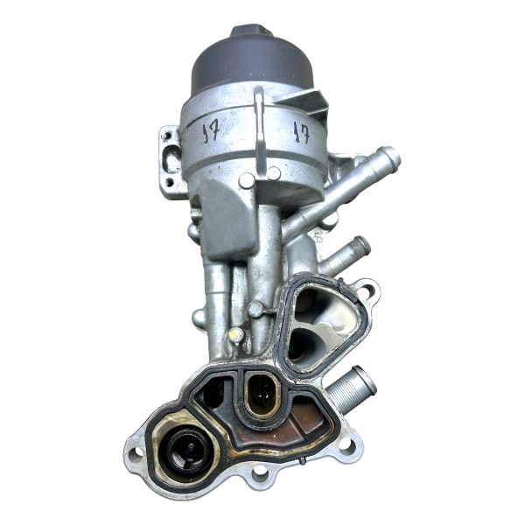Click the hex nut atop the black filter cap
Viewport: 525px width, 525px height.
tap(251, 31)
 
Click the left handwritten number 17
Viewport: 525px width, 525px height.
tap(211, 133)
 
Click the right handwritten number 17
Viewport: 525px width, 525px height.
tap(301, 134)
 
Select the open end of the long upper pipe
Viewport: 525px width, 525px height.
tap(391, 158)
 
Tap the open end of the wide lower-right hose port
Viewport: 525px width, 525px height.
tap(367, 382)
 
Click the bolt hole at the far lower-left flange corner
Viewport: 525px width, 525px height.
tap(136, 454)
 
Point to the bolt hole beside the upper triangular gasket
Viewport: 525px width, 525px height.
tap(367, 289)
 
